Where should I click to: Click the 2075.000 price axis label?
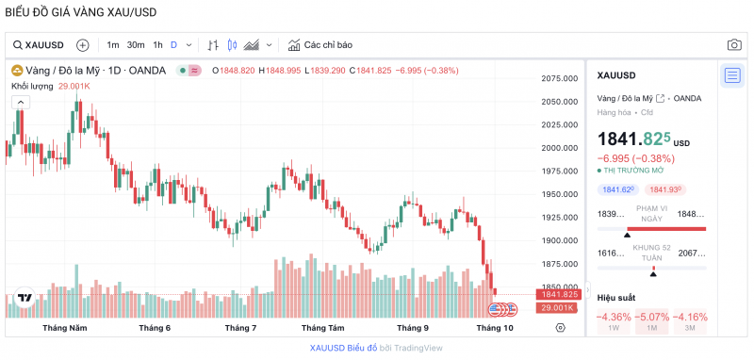tap(559, 78)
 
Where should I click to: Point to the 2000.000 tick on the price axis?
tap(559, 148)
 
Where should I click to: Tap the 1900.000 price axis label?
tap(559, 240)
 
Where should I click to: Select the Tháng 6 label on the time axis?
tap(155, 328)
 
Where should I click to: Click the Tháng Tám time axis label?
tap(322, 328)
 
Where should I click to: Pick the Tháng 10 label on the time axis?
tap(495, 328)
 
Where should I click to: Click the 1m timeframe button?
tap(113, 44)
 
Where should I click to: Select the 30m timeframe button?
tap(136, 44)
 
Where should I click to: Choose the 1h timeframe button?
tap(157, 44)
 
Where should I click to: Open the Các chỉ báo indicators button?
tap(320, 44)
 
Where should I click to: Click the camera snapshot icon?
tap(733, 44)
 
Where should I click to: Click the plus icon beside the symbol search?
tap(82, 44)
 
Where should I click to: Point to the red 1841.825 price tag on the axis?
tap(559, 294)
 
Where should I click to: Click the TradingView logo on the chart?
tap(25, 299)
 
